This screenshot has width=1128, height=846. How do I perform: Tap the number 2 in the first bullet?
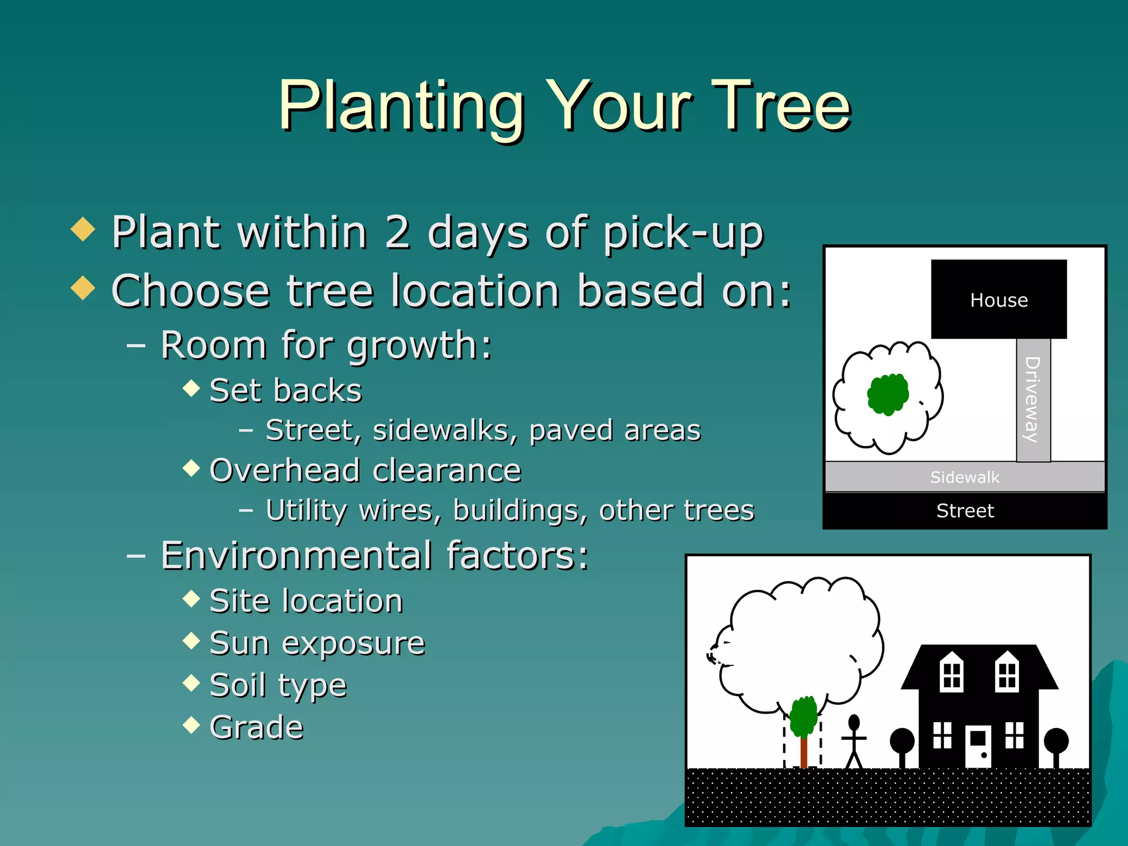(398, 232)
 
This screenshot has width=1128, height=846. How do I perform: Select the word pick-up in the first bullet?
(683, 234)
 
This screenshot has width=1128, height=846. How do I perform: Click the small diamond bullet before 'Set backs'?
(191, 388)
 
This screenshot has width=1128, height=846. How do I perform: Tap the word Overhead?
(285, 471)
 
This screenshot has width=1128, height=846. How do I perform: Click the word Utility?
(306, 511)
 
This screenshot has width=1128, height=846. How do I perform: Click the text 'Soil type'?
(278, 686)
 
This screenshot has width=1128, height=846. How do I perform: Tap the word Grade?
(257, 728)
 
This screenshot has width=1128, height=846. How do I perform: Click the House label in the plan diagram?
(999, 300)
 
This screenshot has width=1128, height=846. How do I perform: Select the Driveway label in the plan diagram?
(1032, 400)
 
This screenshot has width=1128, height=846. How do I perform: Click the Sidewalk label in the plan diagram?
(964, 477)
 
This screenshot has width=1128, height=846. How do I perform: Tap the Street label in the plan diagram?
(965, 511)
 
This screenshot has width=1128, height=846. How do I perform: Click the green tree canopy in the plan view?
(887, 394)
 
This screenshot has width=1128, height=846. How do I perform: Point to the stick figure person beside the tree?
(854, 741)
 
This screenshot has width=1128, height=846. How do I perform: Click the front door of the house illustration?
(978, 746)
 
